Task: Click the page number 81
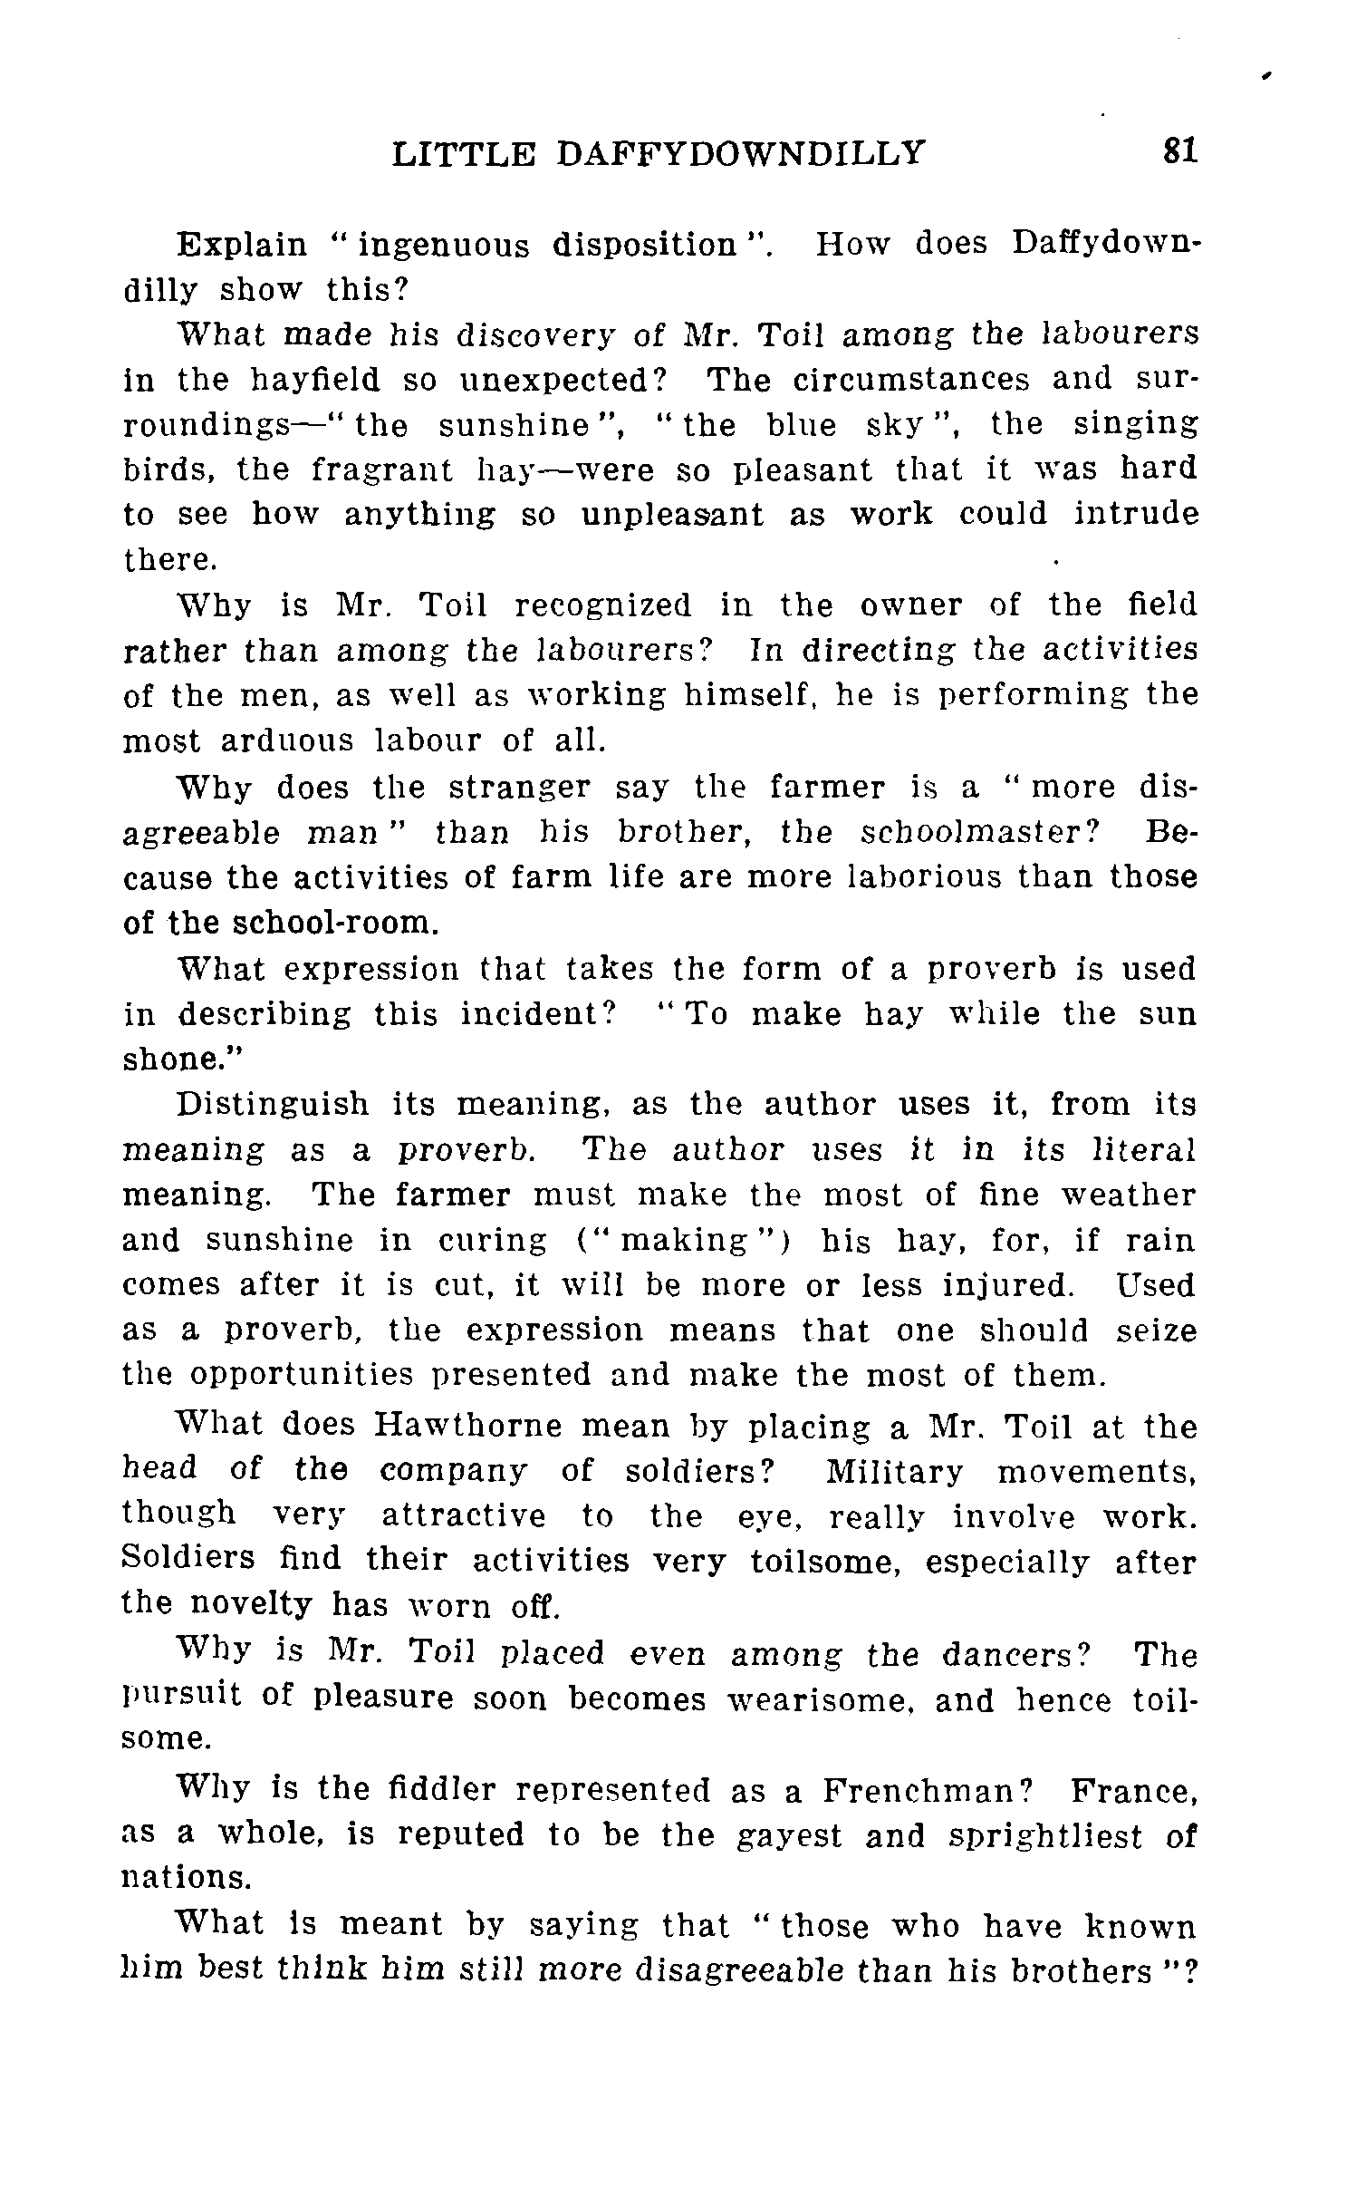pos(1180,150)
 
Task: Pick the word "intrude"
pos(1136,515)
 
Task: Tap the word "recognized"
pos(601,605)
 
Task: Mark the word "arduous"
pos(286,740)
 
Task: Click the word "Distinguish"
pos(274,1104)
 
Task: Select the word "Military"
pos(894,1472)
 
